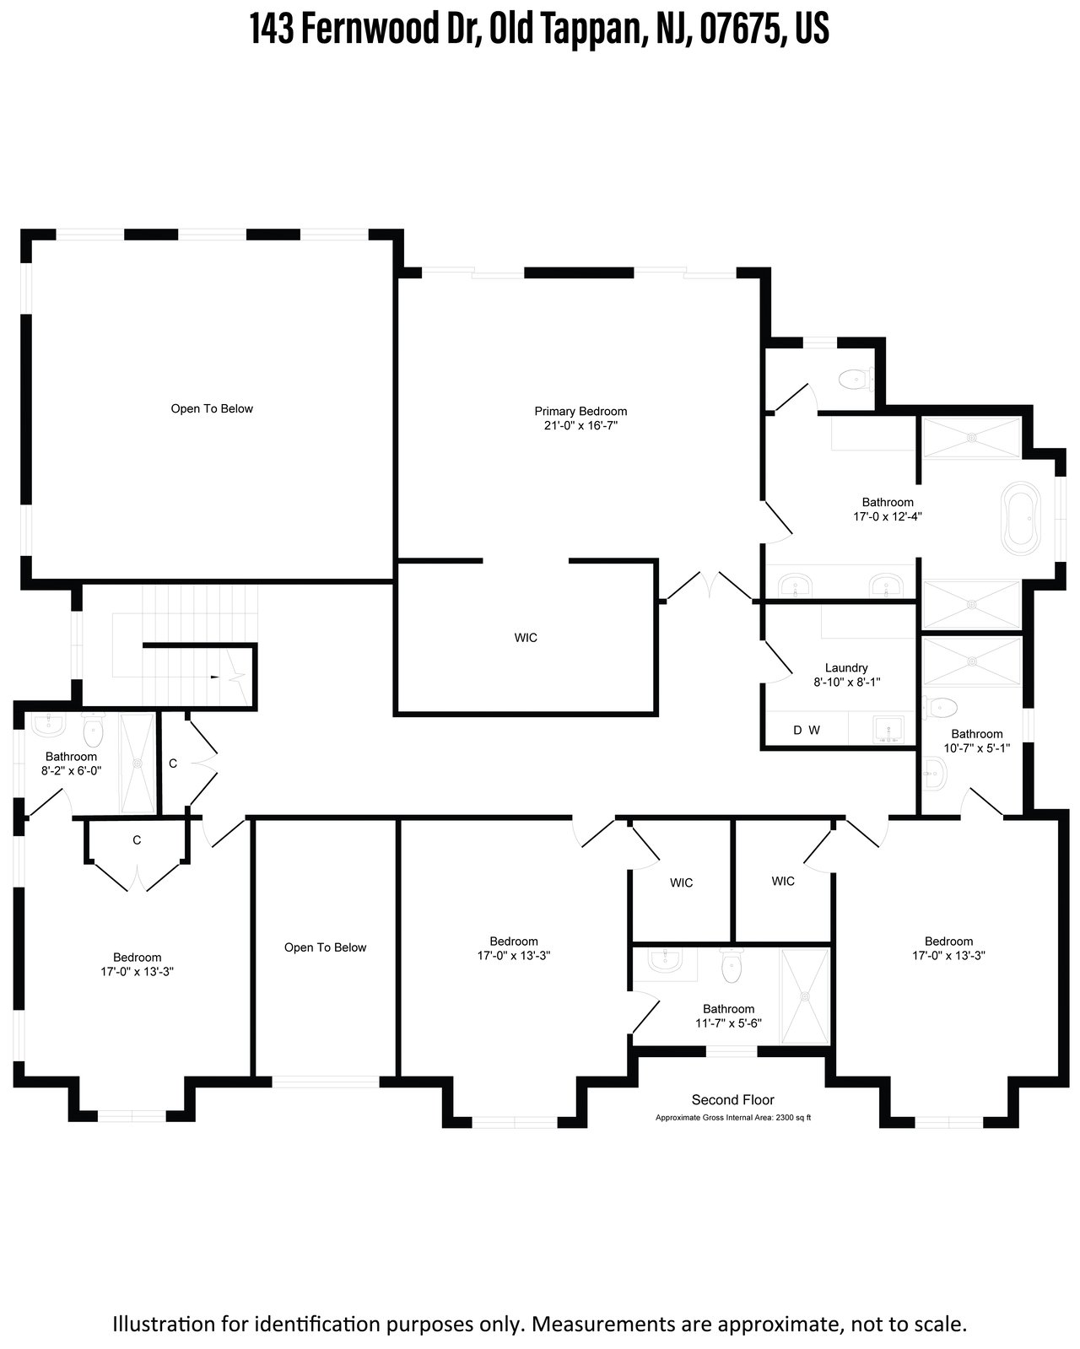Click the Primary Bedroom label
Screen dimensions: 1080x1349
pyautogui.click(x=580, y=418)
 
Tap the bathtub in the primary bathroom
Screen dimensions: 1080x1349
pyautogui.click(x=1020, y=518)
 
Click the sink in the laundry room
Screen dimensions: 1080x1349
pyautogui.click(x=888, y=731)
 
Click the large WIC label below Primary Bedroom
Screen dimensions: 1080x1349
pyautogui.click(x=526, y=638)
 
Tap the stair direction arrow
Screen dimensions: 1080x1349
pyautogui.click(x=215, y=677)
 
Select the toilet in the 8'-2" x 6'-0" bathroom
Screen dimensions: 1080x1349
pyautogui.click(x=93, y=730)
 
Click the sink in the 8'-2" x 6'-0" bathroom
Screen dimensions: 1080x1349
pyautogui.click(x=48, y=725)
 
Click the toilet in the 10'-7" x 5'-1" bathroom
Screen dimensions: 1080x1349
pyautogui.click(x=940, y=708)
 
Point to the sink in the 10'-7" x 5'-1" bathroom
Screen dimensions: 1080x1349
pyautogui.click(x=934, y=774)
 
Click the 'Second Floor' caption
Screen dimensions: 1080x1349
pyautogui.click(x=732, y=1099)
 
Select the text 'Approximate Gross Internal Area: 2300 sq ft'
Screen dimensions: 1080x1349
pyautogui.click(x=732, y=1117)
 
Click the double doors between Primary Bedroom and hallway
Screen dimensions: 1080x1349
pyautogui.click(x=710, y=585)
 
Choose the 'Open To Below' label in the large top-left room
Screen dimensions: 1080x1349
pyautogui.click(x=212, y=408)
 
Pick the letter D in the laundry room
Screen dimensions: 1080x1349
pyautogui.click(x=798, y=730)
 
